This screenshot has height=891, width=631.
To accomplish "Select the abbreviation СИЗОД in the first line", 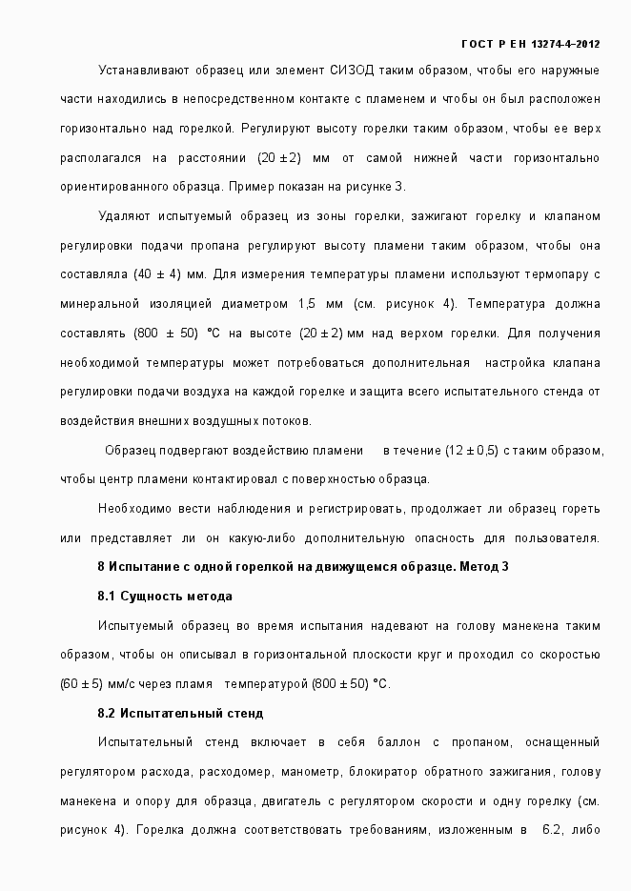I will pyautogui.click(x=352, y=71).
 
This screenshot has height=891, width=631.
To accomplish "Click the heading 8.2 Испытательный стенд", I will pyautogui.click(x=180, y=713).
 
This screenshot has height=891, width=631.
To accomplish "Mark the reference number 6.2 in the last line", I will pyautogui.click(x=553, y=830).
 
